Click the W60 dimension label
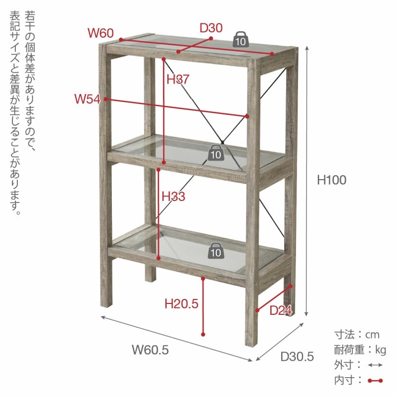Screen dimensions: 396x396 (101, 33)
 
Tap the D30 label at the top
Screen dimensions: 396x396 (211, 28)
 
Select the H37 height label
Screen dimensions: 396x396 (178, 79)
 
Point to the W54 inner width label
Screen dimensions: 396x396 (87, 99)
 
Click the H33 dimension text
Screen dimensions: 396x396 (173, 197)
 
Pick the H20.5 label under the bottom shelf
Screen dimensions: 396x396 (181, 303)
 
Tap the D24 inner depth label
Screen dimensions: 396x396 (281, 311)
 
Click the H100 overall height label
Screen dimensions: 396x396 (331, 180)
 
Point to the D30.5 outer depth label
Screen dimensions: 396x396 (297, 356)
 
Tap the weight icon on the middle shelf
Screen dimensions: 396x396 (215, 153)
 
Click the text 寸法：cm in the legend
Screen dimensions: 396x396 (356, 335)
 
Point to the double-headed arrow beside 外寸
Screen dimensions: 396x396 (376, 365)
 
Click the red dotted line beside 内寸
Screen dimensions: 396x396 (376, 381)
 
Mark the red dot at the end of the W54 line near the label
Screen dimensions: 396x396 (105, 99)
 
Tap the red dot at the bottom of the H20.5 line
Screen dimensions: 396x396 (203, 335)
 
